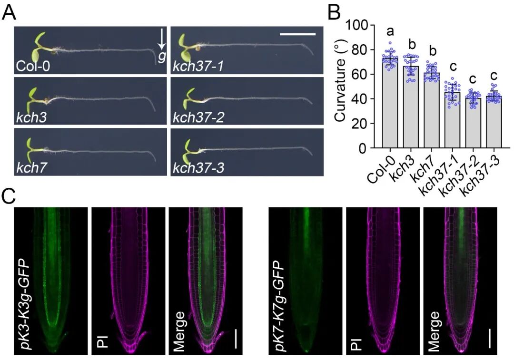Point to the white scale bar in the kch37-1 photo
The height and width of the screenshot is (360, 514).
[x=297, y=34]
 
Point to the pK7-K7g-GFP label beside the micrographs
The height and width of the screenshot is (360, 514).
[x=277, y=299]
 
